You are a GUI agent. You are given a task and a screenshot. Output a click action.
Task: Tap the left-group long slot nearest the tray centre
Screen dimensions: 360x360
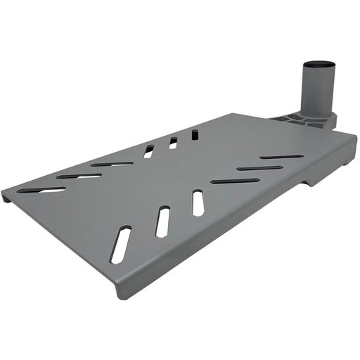pos(112,164)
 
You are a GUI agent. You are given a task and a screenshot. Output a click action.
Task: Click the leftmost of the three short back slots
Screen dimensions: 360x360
pos(148,150)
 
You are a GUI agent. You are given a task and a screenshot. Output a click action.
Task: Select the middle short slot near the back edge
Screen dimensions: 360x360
pos(172,143)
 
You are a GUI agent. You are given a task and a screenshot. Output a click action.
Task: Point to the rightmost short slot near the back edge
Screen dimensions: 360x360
pos(195,133)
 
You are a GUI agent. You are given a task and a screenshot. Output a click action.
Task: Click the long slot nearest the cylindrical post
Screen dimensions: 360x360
pos(281,157)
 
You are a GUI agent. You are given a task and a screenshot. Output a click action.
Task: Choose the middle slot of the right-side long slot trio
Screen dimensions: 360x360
pos(259,168)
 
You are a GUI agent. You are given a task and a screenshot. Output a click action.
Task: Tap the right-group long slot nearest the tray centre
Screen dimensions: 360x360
pos(235,181)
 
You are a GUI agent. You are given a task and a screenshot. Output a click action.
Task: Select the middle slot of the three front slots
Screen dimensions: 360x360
pos(163,220)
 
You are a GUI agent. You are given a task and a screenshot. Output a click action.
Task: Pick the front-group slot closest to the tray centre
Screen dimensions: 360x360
pos(198,202)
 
